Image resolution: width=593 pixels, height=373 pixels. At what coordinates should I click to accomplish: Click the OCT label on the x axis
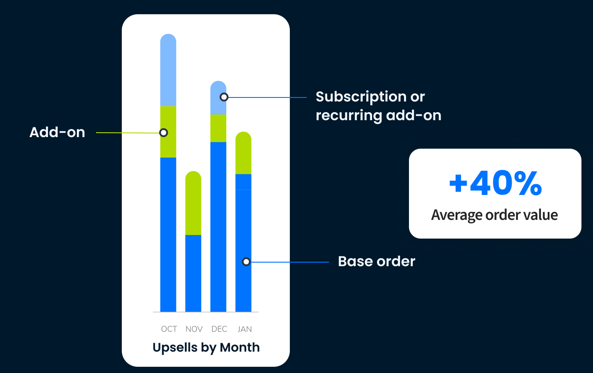click(x=169, y=329)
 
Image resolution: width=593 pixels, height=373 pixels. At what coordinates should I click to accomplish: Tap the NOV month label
click(x=194, y=329)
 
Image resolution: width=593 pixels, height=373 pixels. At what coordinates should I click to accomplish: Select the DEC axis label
click(x=219, y=329)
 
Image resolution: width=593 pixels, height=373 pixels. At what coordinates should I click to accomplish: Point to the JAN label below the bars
click(x=244, y=329)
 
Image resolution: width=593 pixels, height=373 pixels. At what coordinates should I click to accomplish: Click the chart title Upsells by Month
click(x=206, y=347)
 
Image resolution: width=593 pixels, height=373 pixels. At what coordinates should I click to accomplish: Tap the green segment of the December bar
click(x=218, y=128)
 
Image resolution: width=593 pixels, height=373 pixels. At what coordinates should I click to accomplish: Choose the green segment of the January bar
click(x=243, y=153)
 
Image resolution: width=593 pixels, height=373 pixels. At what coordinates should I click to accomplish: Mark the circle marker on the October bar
click(x=164, y=133)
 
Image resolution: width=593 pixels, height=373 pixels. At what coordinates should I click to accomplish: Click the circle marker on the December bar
click(x=224, y=97)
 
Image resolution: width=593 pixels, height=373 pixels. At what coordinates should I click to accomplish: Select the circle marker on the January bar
click(x=246, y=262)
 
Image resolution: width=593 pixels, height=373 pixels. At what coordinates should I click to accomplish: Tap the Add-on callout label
click(x=57, y=132)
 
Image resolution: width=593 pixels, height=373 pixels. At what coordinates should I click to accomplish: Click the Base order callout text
click(x=377, y=261)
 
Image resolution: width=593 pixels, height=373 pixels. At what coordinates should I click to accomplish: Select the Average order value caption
click(x=494, y=215)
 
